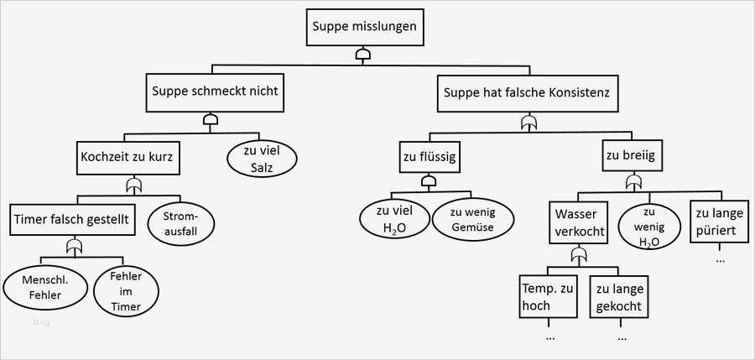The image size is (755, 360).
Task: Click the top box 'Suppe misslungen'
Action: [363, 27]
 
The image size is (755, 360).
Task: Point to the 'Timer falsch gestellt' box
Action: [70, 220]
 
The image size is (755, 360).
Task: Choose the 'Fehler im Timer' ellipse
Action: [125, 291]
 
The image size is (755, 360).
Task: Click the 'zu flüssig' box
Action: [429, 156]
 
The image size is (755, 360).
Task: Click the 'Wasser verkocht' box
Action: [579, 223]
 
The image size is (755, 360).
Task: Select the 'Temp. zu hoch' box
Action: [547, 297]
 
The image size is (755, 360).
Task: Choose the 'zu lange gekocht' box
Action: [619, 297]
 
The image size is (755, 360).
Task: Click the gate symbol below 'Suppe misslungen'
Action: [363, 55]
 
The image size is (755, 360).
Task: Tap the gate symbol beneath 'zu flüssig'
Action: [429, 181]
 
